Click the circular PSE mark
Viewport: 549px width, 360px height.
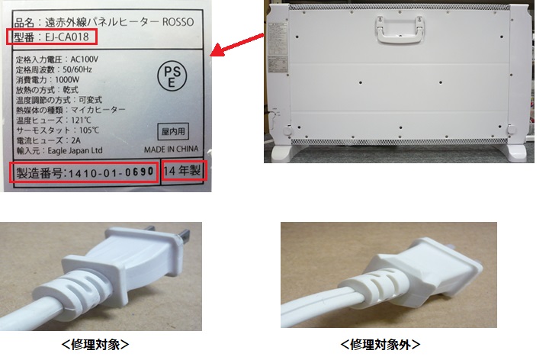[172, 76]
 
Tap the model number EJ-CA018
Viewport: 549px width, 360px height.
[67, 37]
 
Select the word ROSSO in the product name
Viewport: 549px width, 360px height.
[178, 22]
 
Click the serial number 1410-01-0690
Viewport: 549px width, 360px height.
[111, 172]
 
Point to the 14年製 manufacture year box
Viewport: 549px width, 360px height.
[183, 171]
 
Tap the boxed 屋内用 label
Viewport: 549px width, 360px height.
[173, 131]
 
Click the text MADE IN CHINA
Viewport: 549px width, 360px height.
[172, 149]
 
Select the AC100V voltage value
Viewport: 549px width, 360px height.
[85, 59]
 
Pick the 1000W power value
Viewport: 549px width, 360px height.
[67, 79]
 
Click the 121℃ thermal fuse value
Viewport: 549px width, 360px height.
[82, 120]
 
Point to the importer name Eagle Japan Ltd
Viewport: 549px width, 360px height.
[75, 150]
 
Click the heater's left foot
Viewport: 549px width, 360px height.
[283, 153]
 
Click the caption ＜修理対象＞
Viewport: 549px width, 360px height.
[95, 345]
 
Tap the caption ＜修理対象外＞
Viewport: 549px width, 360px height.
[380, 345]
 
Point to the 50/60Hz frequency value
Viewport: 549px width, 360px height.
[77, 69]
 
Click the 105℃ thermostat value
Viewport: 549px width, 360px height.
[89, 130]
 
